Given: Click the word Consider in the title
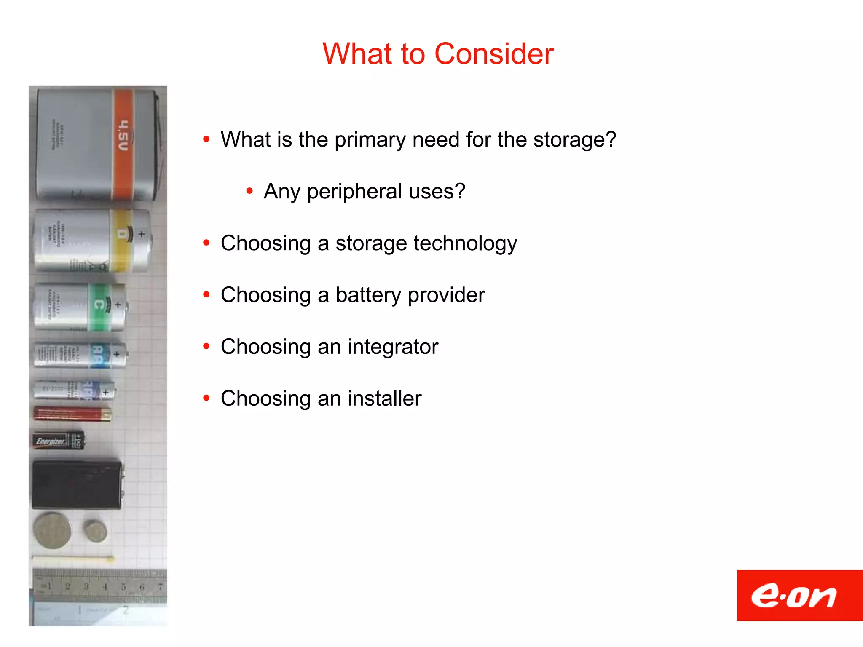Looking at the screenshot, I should click(x=493, y=54).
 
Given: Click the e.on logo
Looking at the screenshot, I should click(x=794, y=596).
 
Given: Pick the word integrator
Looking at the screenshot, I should click(x=393, y=347).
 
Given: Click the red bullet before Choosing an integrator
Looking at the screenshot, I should click(x=206, y=346).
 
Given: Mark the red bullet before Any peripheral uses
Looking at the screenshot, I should click(x=249, y=191).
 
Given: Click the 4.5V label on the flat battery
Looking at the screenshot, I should click(x=123, y=136).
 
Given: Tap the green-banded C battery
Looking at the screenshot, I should click(x=80, y=306).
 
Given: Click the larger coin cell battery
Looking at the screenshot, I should click(x=53, y=530).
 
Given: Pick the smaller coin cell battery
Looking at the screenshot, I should click(x=95, y=531).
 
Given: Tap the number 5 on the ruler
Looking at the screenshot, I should click(x=123, y=586).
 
